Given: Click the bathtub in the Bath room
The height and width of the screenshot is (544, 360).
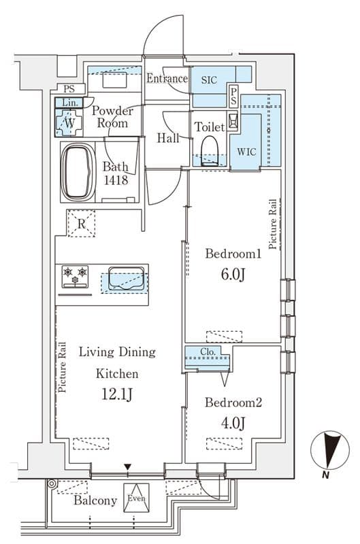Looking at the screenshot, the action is [78, 172].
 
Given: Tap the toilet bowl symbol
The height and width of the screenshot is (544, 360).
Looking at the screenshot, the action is [210, 150].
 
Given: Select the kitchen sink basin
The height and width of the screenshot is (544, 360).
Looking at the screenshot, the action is [126, 278].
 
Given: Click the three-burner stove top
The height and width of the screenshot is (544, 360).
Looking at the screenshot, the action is [75, 277].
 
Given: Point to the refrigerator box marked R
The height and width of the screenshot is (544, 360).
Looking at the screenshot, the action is [81, 224].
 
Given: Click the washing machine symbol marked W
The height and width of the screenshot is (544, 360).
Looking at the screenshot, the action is [69, 122].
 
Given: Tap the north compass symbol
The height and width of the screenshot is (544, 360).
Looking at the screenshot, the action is [329, 451].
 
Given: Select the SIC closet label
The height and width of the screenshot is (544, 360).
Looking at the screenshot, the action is [209, 80].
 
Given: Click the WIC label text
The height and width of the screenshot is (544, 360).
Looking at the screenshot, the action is [246, 152].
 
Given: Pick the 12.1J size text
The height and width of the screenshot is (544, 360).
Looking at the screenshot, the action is [116, 394].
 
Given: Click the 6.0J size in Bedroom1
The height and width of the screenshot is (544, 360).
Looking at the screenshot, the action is [233, 275].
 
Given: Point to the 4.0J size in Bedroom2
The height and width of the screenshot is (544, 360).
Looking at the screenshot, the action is [233, 423].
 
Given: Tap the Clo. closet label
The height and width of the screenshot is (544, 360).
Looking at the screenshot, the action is [208, 352].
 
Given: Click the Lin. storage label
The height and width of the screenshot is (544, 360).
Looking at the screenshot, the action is [70, 103].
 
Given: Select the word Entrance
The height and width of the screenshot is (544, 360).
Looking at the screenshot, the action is [167, 78].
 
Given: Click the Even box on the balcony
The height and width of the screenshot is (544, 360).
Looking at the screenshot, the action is [136, 498].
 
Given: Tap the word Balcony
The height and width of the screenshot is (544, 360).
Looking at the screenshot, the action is [95, 500].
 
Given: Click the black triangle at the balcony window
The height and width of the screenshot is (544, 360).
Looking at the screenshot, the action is [128, 466].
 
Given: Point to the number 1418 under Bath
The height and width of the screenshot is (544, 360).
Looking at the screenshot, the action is [116, 180].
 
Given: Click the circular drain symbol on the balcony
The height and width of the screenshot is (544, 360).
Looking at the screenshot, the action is [52, 483].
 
